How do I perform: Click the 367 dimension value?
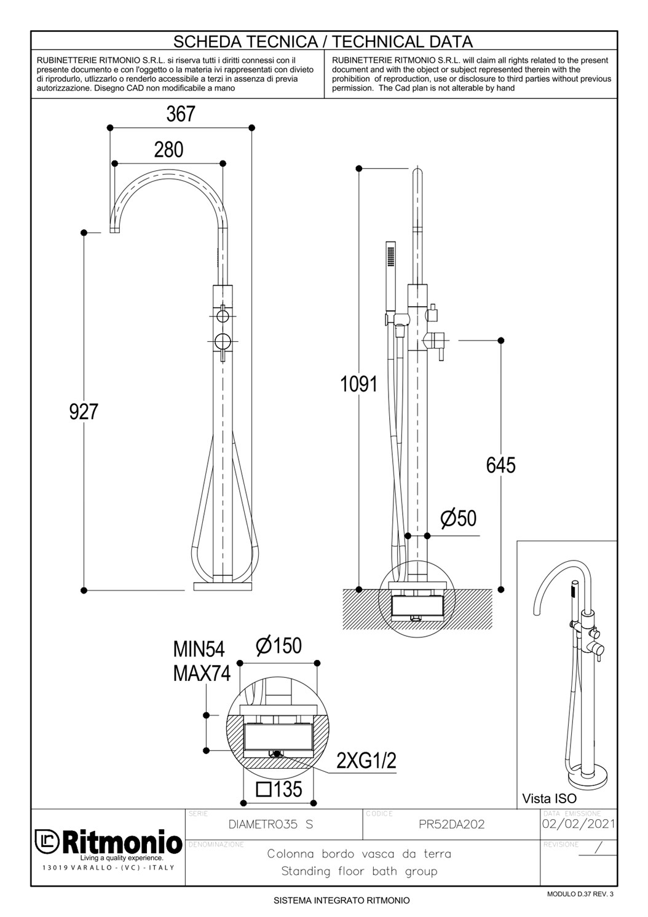(181, 114)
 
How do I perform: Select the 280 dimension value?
(168, 149)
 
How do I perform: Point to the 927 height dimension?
(84, 411)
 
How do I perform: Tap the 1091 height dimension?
(359, 384)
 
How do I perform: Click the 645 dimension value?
(500, 465)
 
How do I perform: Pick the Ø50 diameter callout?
(459, 518)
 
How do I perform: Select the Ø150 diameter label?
(279, 645)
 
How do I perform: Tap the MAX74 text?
(202, 673)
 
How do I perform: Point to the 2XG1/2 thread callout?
(366, 761)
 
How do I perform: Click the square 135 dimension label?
(279, 789)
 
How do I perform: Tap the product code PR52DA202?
(451, 824)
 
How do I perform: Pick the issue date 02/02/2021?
(579, 823)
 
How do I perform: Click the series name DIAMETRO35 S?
(271, 824)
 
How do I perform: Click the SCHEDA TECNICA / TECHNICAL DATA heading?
(323, 41)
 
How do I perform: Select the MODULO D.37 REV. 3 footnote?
(580, 894)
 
